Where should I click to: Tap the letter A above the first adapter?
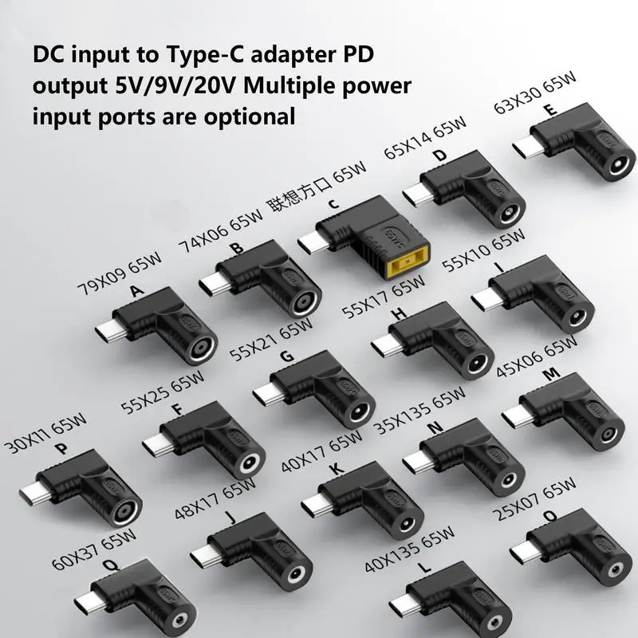(x=136, y=293)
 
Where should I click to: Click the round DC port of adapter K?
(x=407, y=524)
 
